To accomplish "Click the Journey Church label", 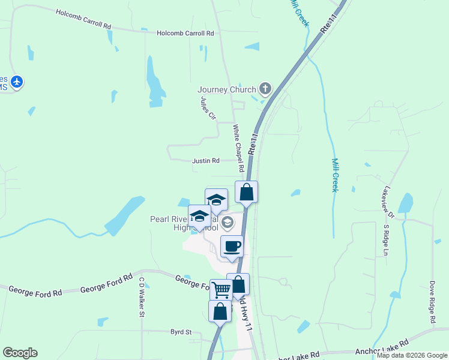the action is (x=226, y=90).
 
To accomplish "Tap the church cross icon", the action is (x=265, y=89).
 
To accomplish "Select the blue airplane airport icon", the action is (x=17, y=82).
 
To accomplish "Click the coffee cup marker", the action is (x=232, y=246).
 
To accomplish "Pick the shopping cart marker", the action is (x=221, y=290).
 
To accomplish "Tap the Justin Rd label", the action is (x=206, y=161).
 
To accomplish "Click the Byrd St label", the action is (x=180, y=332).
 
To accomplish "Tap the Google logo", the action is (x=20, y=353).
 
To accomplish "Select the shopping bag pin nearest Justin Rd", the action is (x=246, y=192).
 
